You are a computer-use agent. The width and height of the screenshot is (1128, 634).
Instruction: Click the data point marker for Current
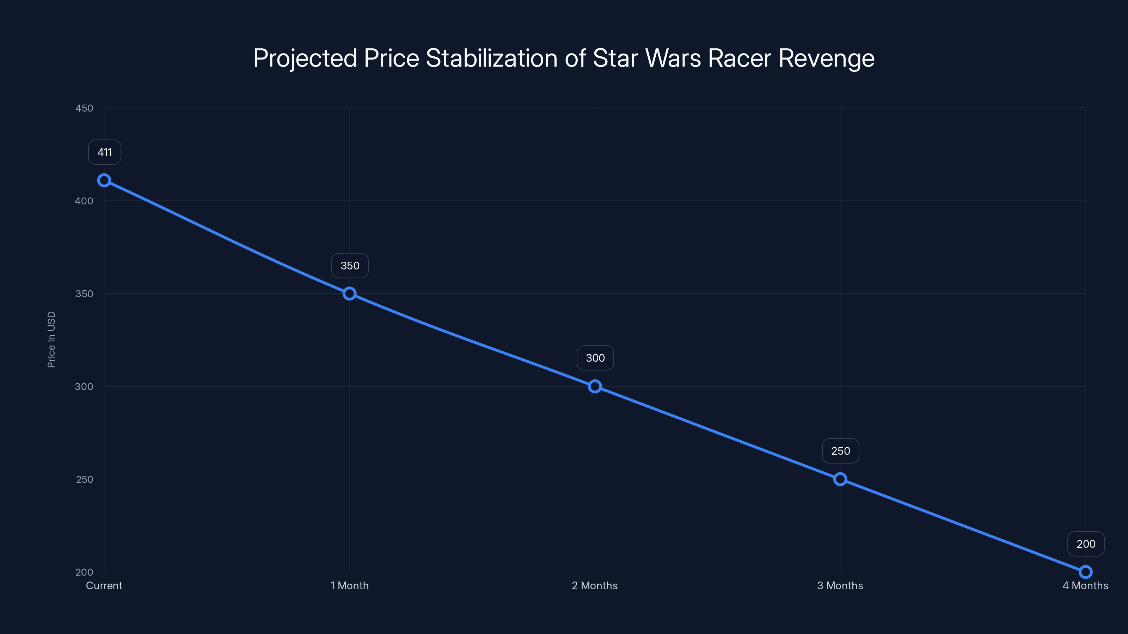click(104, 180)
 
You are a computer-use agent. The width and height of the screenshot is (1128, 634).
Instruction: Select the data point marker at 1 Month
click(349, 294)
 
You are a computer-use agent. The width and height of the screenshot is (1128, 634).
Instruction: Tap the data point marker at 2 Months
click(595, 386)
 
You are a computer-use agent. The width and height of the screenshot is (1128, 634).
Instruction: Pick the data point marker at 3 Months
click(840, 479)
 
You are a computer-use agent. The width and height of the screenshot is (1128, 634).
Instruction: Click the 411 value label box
click(105, 152)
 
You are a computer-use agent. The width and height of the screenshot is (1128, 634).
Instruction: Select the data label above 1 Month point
click(350, 266)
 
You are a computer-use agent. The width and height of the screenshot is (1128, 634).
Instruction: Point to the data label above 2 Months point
click(595, 358)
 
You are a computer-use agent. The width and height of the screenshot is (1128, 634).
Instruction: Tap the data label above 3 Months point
click(840, 451)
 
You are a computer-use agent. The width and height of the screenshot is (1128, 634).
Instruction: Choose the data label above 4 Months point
click(1086, 544)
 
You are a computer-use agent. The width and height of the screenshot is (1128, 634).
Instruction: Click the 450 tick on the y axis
click(84, 108)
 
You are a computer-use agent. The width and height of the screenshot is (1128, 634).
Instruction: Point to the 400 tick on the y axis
click(84, 201)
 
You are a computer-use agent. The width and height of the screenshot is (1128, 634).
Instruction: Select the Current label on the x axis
click(104, 586)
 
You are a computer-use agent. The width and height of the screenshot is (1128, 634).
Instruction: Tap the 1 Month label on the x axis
click(349, 586)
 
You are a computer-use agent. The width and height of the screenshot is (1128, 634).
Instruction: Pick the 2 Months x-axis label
click(595, 586)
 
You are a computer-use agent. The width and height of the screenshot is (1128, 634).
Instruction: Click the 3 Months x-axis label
click(840, 586)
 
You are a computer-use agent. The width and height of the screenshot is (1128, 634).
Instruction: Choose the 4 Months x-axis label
click(1085, 586)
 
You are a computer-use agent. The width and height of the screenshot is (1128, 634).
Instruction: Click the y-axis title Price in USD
click(51, 340)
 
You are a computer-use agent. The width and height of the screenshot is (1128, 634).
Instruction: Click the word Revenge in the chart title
click(826, 58)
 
